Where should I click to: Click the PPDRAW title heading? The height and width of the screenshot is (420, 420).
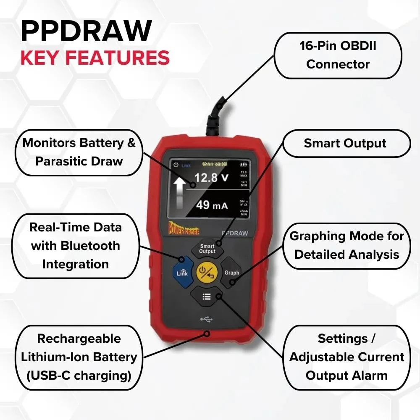click(x=86, y=31)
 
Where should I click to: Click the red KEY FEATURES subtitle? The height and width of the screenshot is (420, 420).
click(x=95, y=58)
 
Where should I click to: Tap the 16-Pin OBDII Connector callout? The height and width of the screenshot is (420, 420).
click(x=338, y=55)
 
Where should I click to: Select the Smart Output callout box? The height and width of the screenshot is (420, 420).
click(x=345, y=143)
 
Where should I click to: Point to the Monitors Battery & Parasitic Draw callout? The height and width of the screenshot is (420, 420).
click(x=79, y=152)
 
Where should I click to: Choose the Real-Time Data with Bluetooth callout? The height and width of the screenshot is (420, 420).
click(x=75, y=246)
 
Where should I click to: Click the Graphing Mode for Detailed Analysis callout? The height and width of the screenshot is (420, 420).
click(x=346, y=245)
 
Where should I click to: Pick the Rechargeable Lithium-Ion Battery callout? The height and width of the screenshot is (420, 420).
click(x=79, y=357)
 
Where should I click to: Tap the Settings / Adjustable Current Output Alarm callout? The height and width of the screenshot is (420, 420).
click(x=346, y=357)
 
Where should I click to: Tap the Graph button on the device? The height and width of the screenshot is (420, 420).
click(x=231, y=273)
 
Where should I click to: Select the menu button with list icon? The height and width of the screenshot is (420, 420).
click(x=206, y=297)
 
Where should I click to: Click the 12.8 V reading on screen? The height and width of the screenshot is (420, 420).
click(x=212, y=178)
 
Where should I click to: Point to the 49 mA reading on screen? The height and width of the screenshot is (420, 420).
click(x=212, y=205)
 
